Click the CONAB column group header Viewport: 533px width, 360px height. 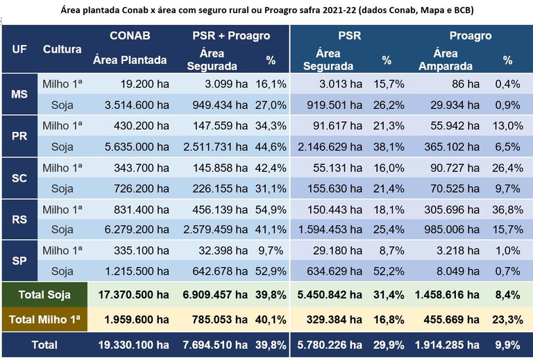click(x=130, y=35)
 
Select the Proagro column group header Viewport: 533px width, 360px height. click(x=470, y=35)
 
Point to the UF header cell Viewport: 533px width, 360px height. click(x=19, y=49)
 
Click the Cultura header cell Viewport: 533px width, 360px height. click(x=62, y=49)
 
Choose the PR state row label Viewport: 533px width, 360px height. click(x=19, y=136)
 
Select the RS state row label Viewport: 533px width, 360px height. click(x=19, y=219)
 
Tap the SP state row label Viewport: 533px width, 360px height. click(x=19, y=261)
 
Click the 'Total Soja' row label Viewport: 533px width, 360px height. click(x=44, y=295)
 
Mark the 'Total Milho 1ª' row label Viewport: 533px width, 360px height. click(x=44, y=319)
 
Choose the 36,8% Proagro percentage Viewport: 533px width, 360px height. click(x=507, y=209)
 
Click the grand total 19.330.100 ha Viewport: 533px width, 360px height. click(x=134, y=344)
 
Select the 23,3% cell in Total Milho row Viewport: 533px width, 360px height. click(x=507, y=319)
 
